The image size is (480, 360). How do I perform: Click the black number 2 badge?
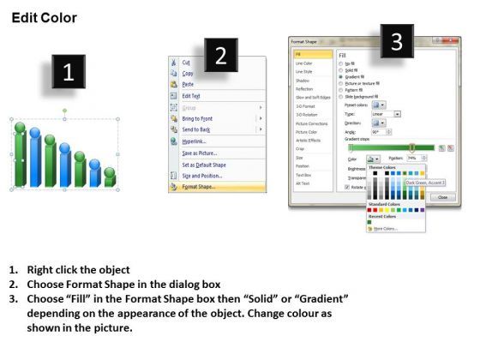(220, 57)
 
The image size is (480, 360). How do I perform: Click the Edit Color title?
(44, 17)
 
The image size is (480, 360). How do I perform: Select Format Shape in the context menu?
(199, 186)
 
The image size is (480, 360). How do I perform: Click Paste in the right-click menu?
(188, 85)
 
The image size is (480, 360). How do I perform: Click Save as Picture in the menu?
(199, 152)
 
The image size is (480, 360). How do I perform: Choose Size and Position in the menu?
(202, 175)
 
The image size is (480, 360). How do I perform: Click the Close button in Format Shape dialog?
(443, 196)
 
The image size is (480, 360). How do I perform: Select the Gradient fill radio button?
(342, 75)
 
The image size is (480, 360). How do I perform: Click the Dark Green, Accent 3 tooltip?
(425, 181)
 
